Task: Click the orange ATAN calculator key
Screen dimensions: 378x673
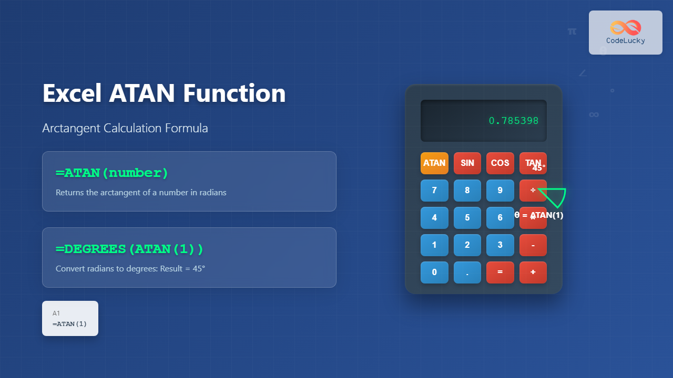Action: pyautogui.click(x=434, y=163)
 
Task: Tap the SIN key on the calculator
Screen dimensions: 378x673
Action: pyautogui.click(x=467, y=163)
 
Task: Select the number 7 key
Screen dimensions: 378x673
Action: pyautogui.click(x=434, y=190)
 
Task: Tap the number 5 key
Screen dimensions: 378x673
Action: pyautogui.click(x=467, y=217)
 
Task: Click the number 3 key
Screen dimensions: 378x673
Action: pyautogui.click(x=500, y=245)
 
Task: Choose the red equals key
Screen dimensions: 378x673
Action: pyautogui.click(x=500, y=272)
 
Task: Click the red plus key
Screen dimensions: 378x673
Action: pyautogui.click(x=533, y=272)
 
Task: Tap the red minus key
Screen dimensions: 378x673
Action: pyautogui.click(x=533, y=245)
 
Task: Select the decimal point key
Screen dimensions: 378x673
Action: pyautogui.click(x=467, y=272)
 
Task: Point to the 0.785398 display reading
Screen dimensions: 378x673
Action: pyautogui.click(x=514, y=121)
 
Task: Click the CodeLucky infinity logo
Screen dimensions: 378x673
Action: pyautogui.click(x=625, y=27)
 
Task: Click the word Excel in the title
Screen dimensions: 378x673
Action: pyautogui.click(x=72, y=93)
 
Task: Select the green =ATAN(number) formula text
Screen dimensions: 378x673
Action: pyautogui.click(x=112, y=173)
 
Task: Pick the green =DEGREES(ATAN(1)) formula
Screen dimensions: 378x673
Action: pyautogui.click(x=129, y=248)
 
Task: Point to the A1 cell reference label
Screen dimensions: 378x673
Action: pyautogui.click(x=56, y=313)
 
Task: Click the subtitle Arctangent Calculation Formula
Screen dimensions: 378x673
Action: pyautogui.click(x=125, y=128)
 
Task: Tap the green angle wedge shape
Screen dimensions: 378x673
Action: pyautogui.click(x=555, y=197)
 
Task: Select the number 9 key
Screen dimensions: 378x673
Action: pyautogui.click(x=500, y=190)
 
